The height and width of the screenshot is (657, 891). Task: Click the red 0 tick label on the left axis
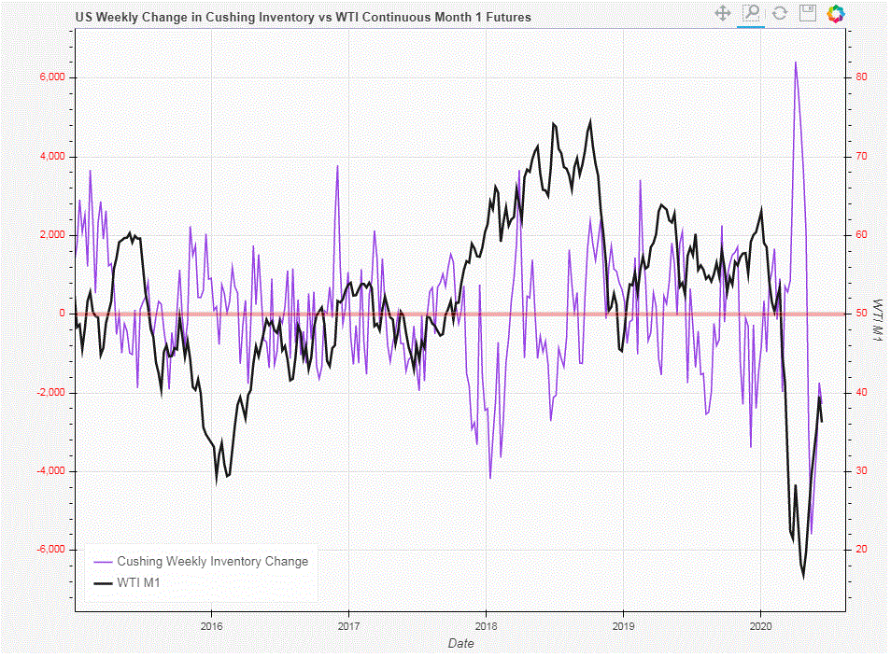(61, 314)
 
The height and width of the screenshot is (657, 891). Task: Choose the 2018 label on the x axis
(486, 626)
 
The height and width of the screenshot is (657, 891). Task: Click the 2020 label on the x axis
(760, 626)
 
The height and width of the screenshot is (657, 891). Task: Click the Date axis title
(460, 643)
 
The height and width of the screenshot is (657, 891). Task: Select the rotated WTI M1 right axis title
(878, 322)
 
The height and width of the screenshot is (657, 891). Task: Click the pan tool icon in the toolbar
(722, 13)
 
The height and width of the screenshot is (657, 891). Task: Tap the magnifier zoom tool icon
(751, 13)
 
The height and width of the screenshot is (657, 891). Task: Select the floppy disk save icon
(808, 13)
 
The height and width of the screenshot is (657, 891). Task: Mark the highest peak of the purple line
(795, 63)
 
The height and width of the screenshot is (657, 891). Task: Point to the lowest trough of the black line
(803, 578)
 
